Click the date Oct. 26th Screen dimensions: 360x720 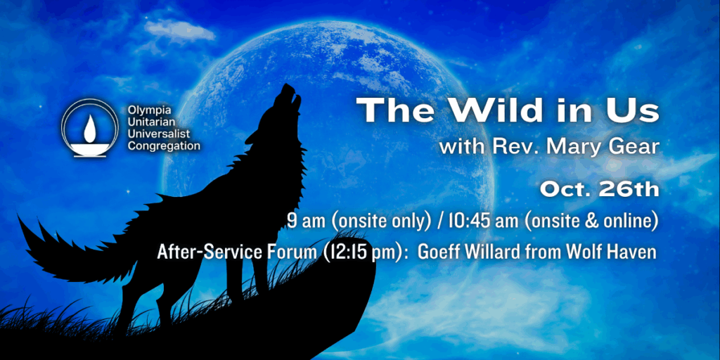tap(599, 190)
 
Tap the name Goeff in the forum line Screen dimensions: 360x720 tap(439, 252)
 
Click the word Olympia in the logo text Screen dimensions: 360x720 tap(150, 110)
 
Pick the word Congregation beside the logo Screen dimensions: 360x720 tap(164, 146)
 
